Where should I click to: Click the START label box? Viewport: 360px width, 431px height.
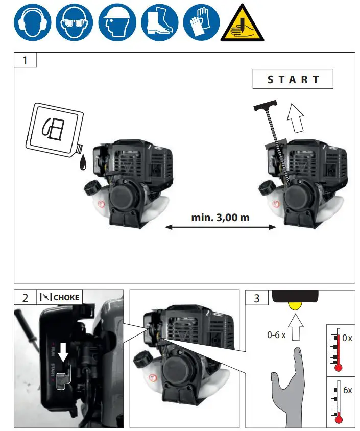pos(293,79)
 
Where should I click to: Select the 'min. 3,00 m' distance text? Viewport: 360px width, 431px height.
pos(220,218)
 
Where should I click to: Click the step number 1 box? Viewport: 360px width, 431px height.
pos(25,60)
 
